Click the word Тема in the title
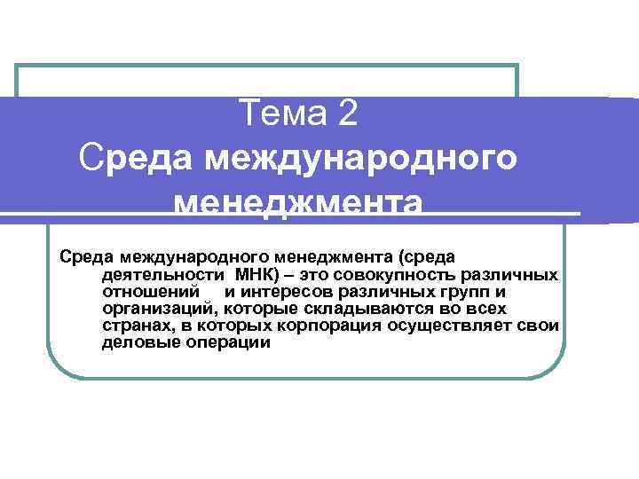(282, 114)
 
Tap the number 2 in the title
(346, 114)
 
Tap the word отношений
(147, 292)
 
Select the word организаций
(159, 309)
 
